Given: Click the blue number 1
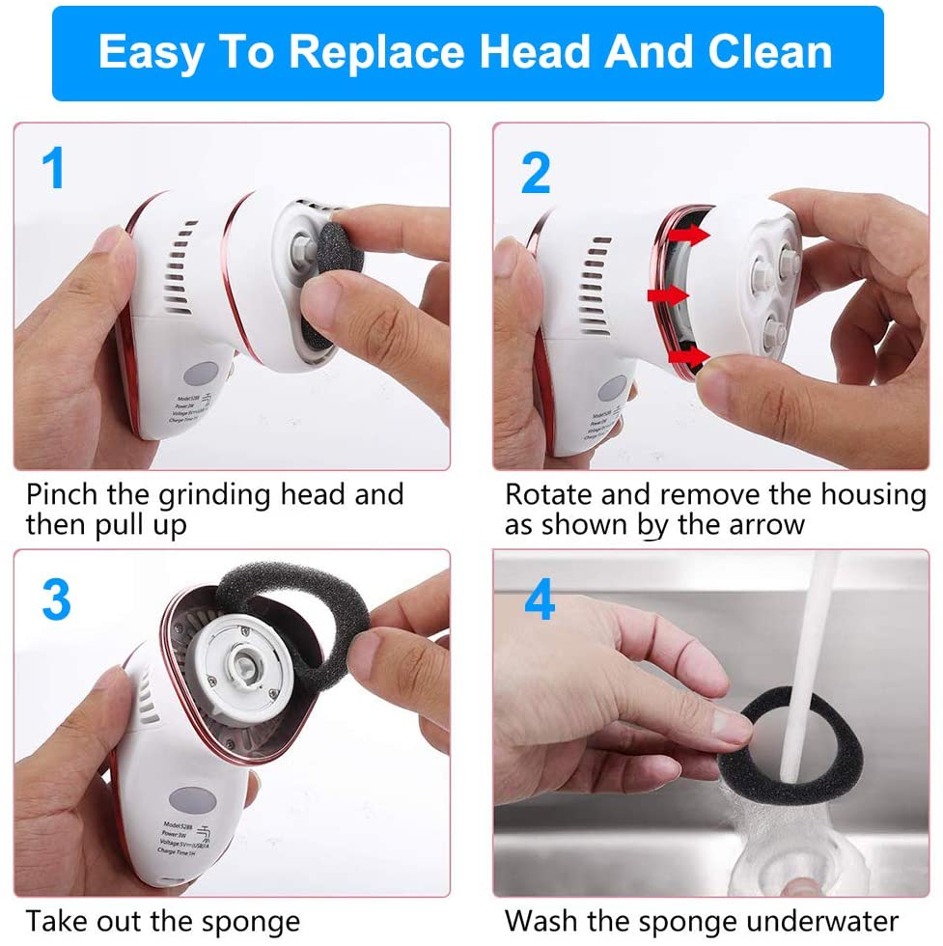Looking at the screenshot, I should (53, 169).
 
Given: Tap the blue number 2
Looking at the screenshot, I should (536, 172).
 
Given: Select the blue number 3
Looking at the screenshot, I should (56, 599).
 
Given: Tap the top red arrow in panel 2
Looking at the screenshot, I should (686, 236).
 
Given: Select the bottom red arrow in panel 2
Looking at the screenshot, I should (686, 358).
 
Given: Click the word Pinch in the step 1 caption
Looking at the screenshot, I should (61, 496).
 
